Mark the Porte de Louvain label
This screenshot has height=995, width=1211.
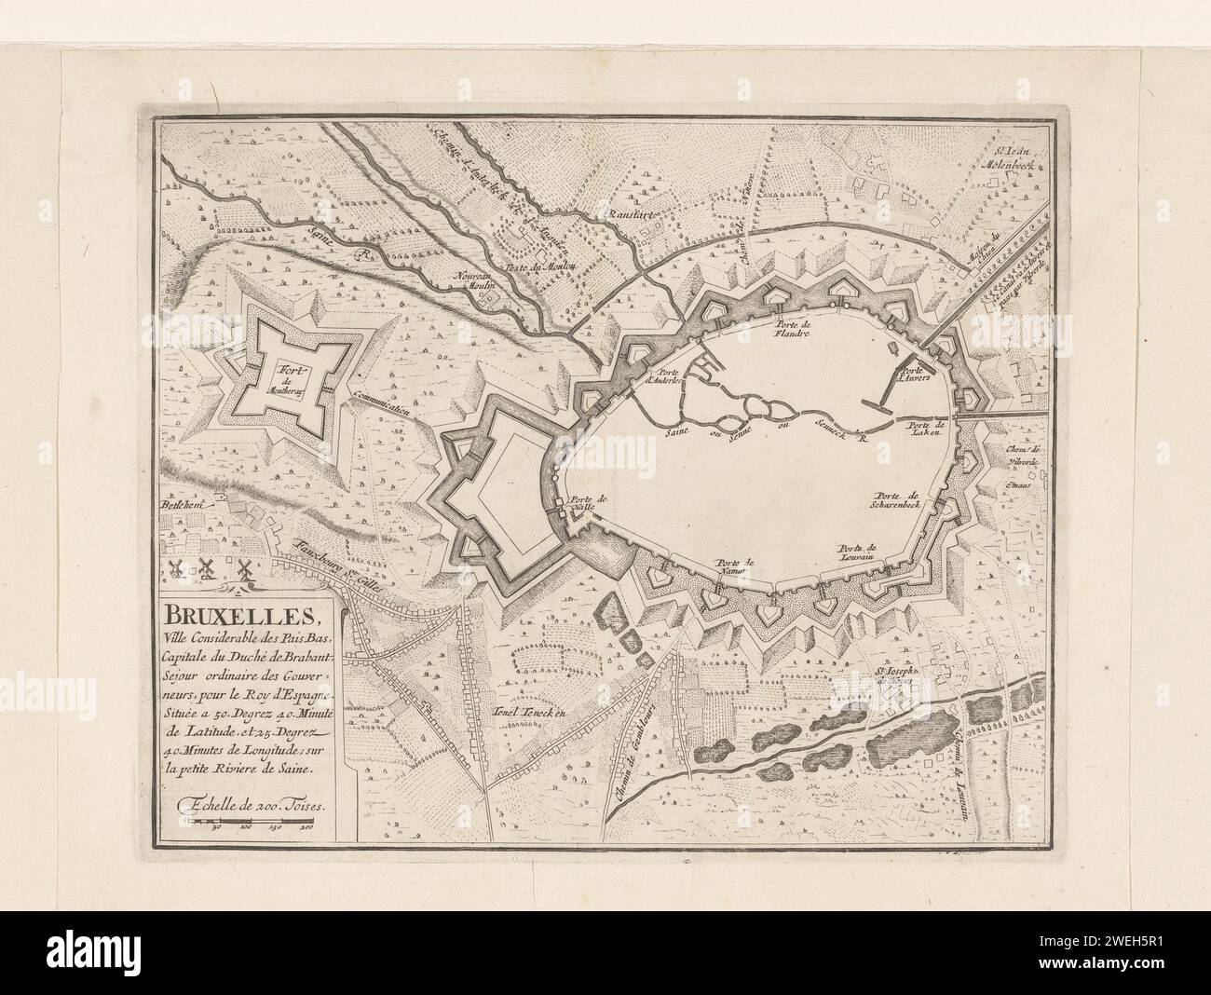click(858, 552)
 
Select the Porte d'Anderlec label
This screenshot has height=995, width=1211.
click(663, 377)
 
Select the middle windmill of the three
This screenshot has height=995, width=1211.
click(208, 566)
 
